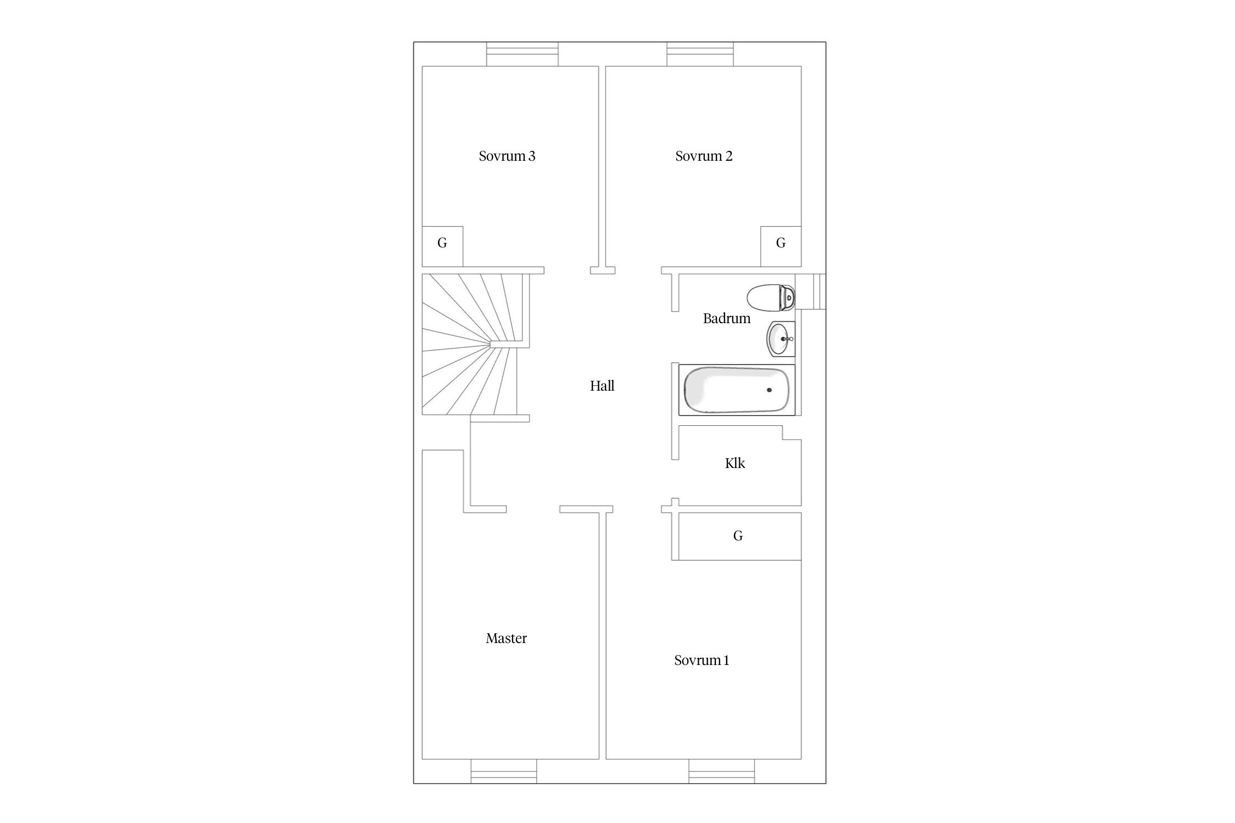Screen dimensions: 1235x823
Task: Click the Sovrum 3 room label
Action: coord(507,156)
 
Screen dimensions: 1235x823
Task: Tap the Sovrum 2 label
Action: coord(704,156)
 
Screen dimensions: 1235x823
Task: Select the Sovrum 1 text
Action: coord(701,660)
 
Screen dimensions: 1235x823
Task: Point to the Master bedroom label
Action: coord(506,638)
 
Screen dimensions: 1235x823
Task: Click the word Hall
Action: coord(602,386)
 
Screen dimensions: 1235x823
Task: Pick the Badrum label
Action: coord(727,318)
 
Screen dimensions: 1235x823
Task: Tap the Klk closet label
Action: coord(735,463)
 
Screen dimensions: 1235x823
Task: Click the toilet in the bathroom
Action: coord(771,297)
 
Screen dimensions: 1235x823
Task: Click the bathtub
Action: coord(737,390)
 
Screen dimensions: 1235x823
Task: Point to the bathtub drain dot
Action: coord(769,390)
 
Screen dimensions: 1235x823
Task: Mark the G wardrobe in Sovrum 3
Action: coord(442,246)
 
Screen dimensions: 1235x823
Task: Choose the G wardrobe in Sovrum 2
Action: coord(781,246)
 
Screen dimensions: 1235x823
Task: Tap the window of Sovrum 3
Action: coord(522,54)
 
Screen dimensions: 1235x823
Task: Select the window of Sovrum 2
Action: coord(700,54)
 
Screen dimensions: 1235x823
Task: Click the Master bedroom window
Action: coord(503,771)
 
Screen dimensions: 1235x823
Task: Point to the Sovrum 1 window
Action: coord(722,771)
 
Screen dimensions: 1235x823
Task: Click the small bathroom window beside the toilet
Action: coord(811,291)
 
